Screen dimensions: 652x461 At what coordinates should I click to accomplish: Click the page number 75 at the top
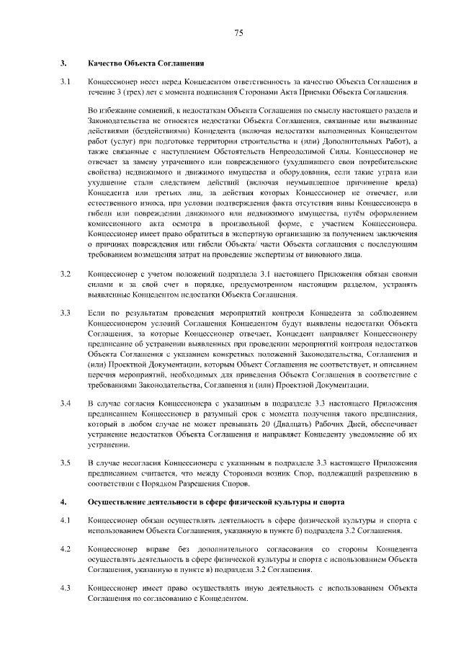point(238,32)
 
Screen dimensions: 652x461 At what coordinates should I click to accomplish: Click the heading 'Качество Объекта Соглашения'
point(143,64)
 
